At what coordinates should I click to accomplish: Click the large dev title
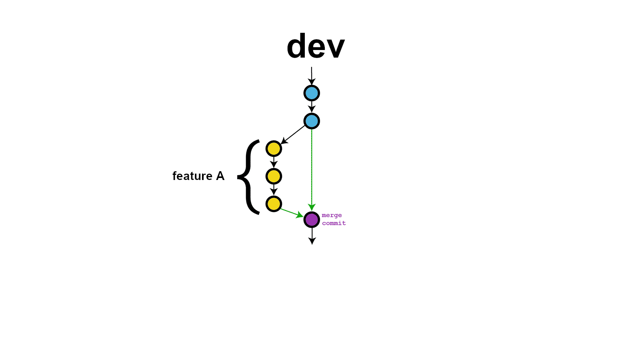click(x=316, y=46)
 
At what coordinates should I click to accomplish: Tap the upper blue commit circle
click(x=312, y=93)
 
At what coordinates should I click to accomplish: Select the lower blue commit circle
click(x=312, y=121)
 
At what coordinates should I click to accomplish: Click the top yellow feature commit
click(x=274, y=149)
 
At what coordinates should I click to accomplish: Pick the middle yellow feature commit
click(x=274, y=176)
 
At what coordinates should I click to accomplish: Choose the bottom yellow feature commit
click(x=274, y=204)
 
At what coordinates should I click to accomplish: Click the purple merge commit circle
click(x=312, y=220)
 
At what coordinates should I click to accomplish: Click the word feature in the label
click(x=192, y=176)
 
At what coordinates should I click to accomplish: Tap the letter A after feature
click(x=220, y=176)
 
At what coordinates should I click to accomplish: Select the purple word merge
click(x=332, y=215)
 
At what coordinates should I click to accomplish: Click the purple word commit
click(x=334, y=223)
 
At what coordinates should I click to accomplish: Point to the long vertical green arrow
click(x=312, y=168)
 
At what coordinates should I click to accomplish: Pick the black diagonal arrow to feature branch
click(x=293, y=135)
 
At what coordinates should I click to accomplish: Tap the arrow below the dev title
click(x=312, y=76)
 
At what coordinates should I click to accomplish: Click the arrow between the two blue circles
click(x=312, y=107)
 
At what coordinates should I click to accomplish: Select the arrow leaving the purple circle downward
click(x=312, y=236)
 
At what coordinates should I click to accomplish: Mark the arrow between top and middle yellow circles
click(x=274, y=162)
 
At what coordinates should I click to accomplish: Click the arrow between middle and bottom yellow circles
click(x=274, y=190)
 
